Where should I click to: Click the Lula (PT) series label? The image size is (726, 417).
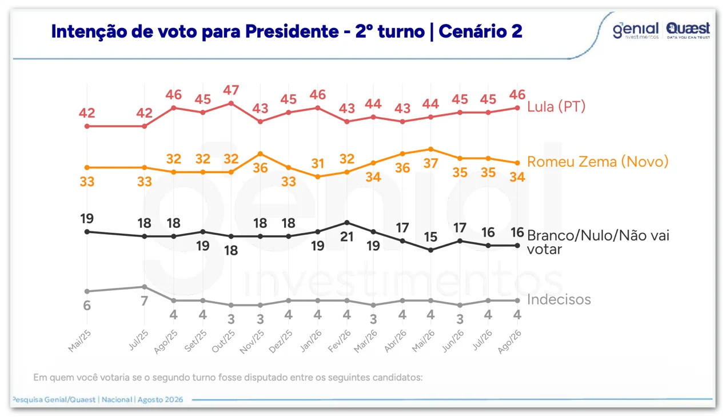(x=556, y=106)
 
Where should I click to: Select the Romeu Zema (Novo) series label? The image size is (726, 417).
(x=597, y=162)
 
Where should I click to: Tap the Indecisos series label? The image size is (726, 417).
(x=559, y=299)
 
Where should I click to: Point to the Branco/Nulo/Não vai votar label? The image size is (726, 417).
(x=598, y=242)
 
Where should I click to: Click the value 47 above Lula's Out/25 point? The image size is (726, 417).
(x=231, y=90)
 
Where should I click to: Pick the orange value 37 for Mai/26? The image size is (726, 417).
(x=430, y=163)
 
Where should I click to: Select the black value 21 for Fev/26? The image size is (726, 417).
(x=347, y=236)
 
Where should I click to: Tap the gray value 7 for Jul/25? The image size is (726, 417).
(x=144, y=301)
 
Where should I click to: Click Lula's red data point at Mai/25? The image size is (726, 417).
(x=87, y=126)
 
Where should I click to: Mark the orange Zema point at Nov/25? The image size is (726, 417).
(x=260, y=154)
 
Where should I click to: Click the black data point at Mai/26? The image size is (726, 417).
(x=430, y=250)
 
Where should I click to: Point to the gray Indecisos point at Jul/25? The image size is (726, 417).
(x=145, y=287)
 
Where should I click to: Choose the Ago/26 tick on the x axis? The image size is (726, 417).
(x=509, y=342)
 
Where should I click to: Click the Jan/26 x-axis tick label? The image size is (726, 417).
(x=311, y=341)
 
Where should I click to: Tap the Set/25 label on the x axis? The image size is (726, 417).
(x=196, y=341)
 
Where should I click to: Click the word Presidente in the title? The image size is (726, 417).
(x=292, y=31)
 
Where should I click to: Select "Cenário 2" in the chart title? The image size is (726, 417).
(x=480, y=31)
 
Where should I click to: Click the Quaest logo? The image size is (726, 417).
(x=688, y=30)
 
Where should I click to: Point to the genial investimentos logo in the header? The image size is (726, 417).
(x=636, y=31)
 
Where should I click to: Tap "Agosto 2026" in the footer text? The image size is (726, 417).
(x=160, y=399)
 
